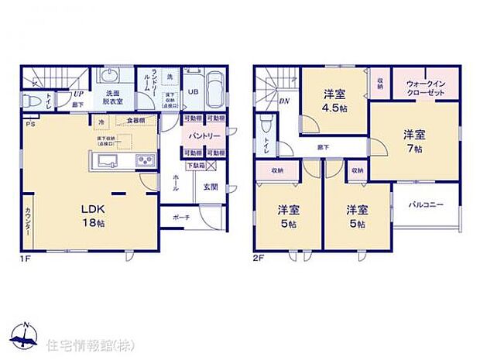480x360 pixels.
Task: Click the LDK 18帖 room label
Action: coord(94,214)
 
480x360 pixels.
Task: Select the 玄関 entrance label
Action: coord(211,186)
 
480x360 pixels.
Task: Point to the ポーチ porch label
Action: coord(182,217)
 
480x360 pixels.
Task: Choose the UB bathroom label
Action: coord(194,91)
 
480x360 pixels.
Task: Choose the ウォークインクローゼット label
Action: coord(427,87)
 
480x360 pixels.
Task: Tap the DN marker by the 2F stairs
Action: coord(284,101)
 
